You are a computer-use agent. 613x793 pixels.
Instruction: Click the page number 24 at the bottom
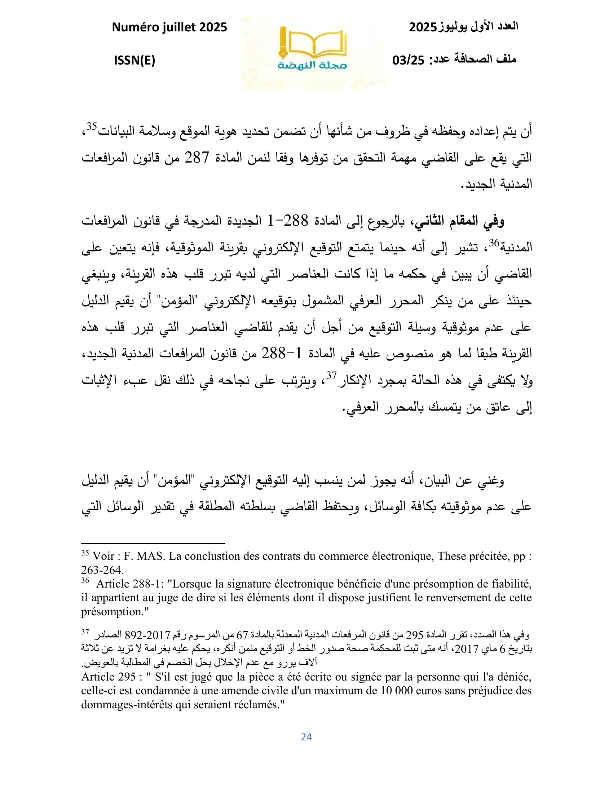click(306, 737)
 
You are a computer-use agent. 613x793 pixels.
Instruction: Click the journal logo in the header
click(313, 52)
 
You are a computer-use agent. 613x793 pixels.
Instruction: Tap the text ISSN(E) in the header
click(135, 61)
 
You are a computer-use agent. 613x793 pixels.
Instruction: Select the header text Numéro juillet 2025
click(169, 27)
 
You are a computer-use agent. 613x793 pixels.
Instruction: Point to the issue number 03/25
click(409, 60)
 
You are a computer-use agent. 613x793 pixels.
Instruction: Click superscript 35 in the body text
click(91, 127)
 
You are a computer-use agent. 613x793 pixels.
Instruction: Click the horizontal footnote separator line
click(153, 544)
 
